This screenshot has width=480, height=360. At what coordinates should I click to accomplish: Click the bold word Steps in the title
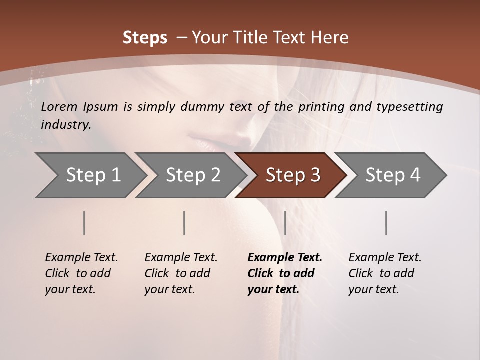coord(145,38)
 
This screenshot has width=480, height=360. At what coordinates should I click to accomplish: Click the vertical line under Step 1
coord(84,223)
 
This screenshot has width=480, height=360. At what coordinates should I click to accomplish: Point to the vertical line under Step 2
coord(184,223)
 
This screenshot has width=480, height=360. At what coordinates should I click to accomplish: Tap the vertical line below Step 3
coord(285,223)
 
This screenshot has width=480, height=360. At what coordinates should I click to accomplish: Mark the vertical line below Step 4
coord(386,223)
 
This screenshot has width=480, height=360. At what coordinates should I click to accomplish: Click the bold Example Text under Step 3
coord(285,258)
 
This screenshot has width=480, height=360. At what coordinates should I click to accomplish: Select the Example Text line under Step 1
coord(81,258)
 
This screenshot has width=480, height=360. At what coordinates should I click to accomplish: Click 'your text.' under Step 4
coord(373,290)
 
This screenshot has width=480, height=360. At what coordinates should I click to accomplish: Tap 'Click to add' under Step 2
coord(177,274)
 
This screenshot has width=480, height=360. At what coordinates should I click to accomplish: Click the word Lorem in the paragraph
coord(59,107)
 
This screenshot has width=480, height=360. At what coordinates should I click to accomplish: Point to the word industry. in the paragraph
coord(66,125)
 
